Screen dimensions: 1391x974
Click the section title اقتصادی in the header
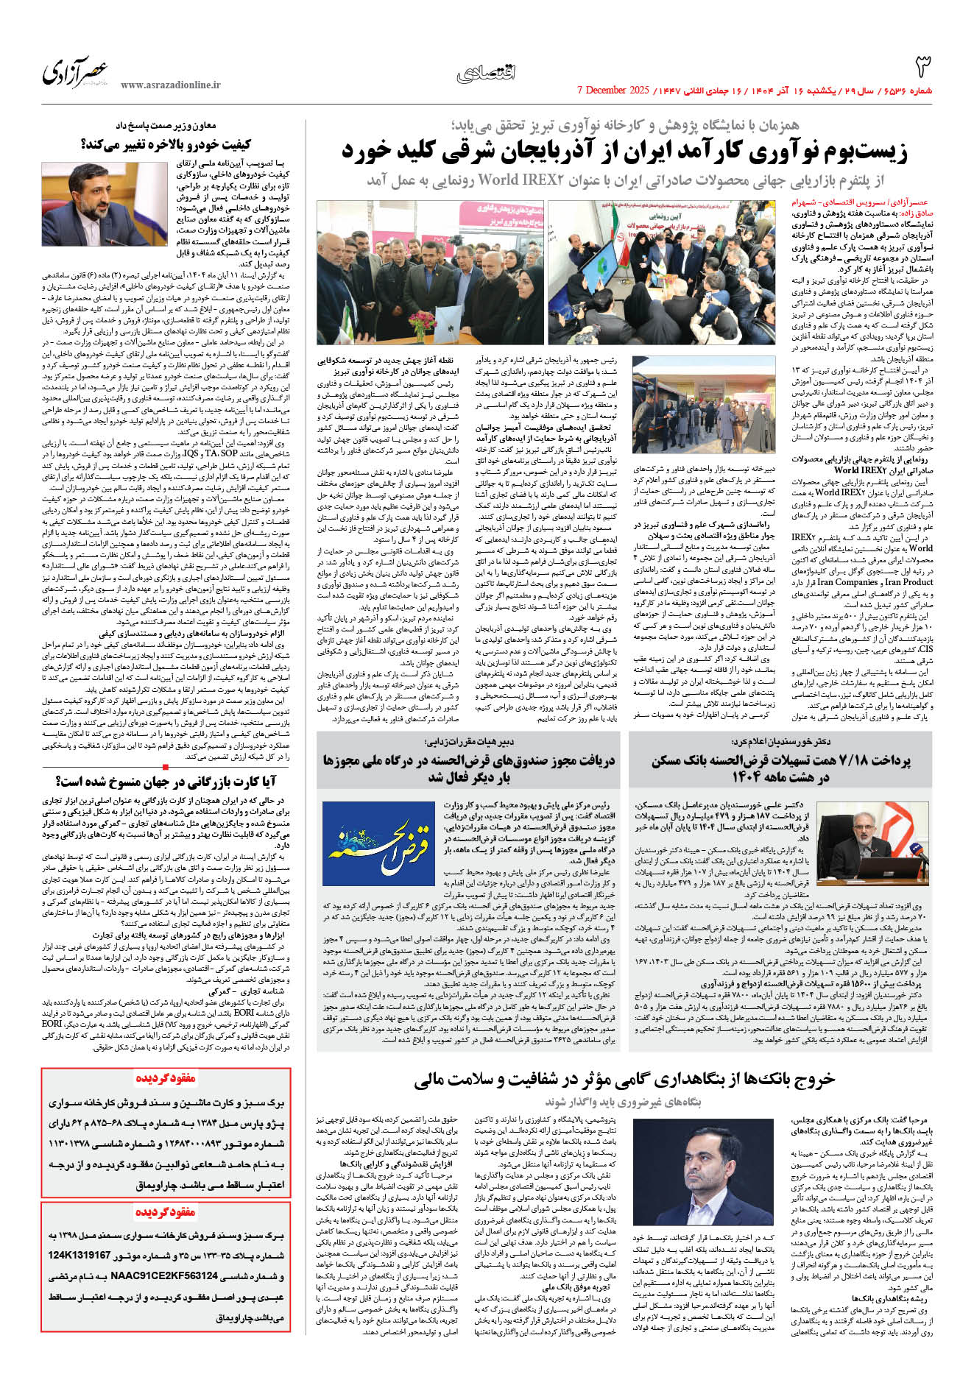click(x=486, y=73)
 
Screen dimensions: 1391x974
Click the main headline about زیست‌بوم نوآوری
click(x=624, y=152)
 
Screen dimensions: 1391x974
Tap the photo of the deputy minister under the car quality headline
click(x=105, y=205)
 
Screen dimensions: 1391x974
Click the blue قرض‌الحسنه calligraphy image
click(x=378, y=843)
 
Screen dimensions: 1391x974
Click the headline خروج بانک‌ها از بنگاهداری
click(x=624, y=1079)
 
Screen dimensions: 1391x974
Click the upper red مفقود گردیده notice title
click(x=166, y=1079)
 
